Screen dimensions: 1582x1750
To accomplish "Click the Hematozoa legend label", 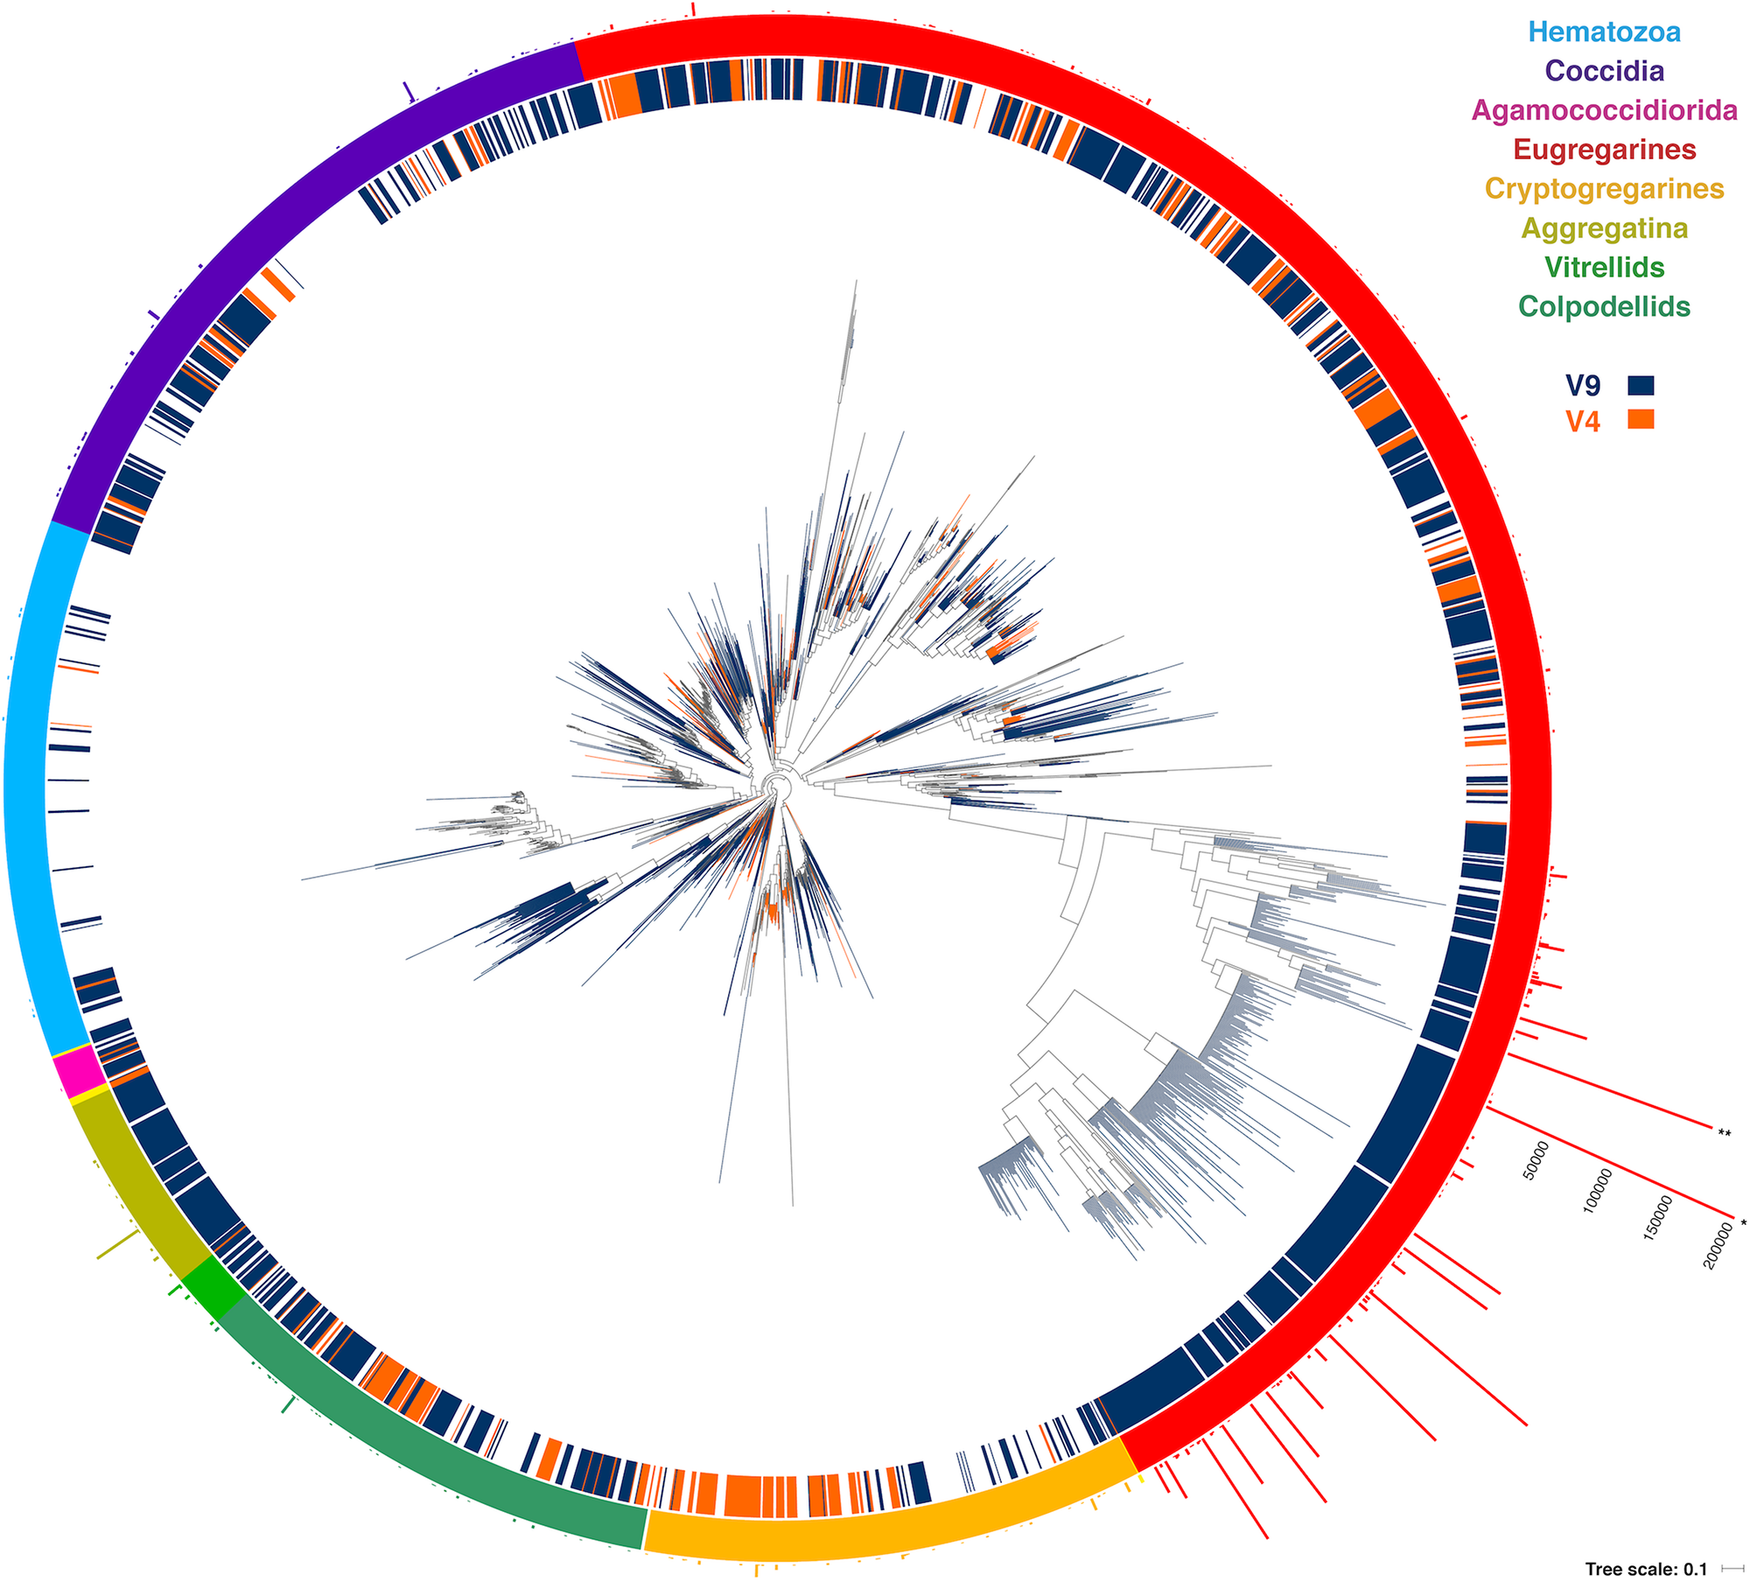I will pos(1604,32).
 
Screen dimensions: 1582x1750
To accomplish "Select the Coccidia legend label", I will pos(1604,71).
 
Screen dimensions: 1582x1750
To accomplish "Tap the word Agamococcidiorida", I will pos(1604,110).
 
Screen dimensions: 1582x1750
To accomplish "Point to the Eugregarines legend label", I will pos(1604,150).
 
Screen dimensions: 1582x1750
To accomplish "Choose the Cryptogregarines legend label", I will pos(1604,189).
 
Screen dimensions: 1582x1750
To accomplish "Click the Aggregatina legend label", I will pos(1604,228).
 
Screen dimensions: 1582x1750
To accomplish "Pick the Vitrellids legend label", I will pos(1604,267).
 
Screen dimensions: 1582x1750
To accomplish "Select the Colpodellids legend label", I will pos(1604,306).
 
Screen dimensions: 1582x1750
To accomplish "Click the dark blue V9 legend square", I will pos(1641,385).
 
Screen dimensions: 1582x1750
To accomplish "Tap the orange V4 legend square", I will pos(1641,419).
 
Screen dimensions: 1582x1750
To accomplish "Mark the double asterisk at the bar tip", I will pos(1724,1133).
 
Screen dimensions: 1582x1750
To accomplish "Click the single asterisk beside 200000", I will pos(1743,1223).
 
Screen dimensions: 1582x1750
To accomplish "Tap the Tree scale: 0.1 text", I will pos(1646,1569).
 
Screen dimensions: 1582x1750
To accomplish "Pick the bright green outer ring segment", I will pos(214,1288).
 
